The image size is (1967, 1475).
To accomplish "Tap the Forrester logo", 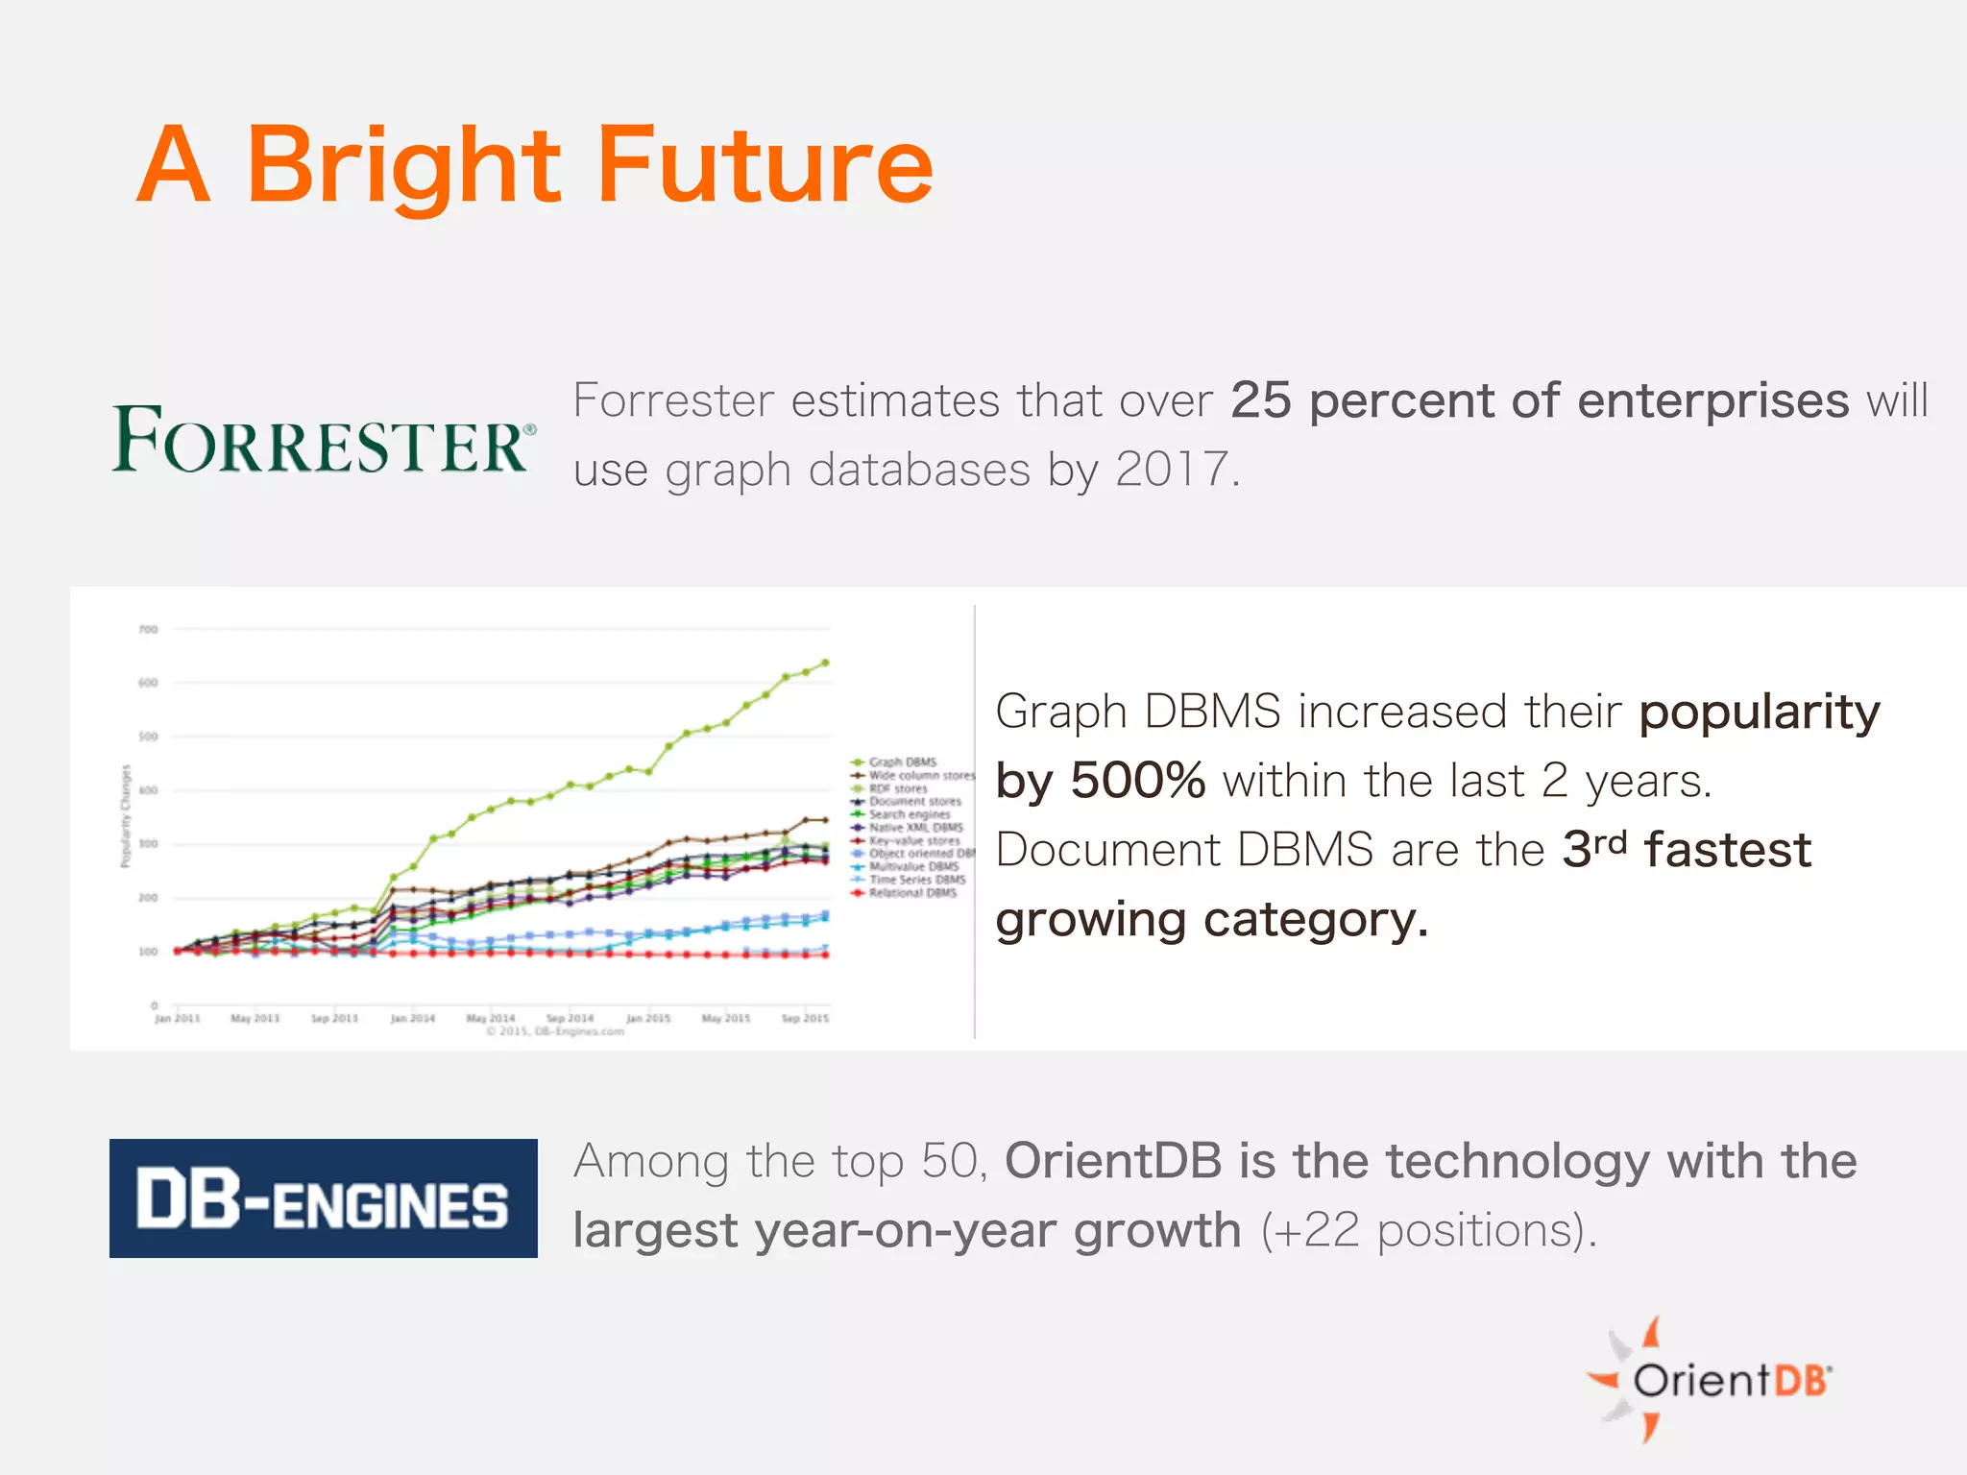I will [323, 440].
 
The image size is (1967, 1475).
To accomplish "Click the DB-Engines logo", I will [323, 1198].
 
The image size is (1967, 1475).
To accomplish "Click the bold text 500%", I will [1138, 780].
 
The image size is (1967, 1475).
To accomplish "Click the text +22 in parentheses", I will [1318, 1230].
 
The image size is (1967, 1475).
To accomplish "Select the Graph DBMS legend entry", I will [902, 762].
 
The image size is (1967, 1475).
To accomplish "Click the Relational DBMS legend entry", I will [911, 893].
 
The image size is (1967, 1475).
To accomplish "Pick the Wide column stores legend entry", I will [920, 775].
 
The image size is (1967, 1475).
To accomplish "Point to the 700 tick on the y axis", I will [148, 630].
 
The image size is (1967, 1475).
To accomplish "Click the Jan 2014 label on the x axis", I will [412, 1018].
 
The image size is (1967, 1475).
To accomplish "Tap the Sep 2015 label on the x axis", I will [805, 1018].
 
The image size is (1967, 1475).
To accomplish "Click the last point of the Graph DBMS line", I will [825, 663].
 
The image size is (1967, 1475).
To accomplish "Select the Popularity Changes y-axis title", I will [125, 816].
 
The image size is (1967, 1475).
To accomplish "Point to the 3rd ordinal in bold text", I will [1594, 849].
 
